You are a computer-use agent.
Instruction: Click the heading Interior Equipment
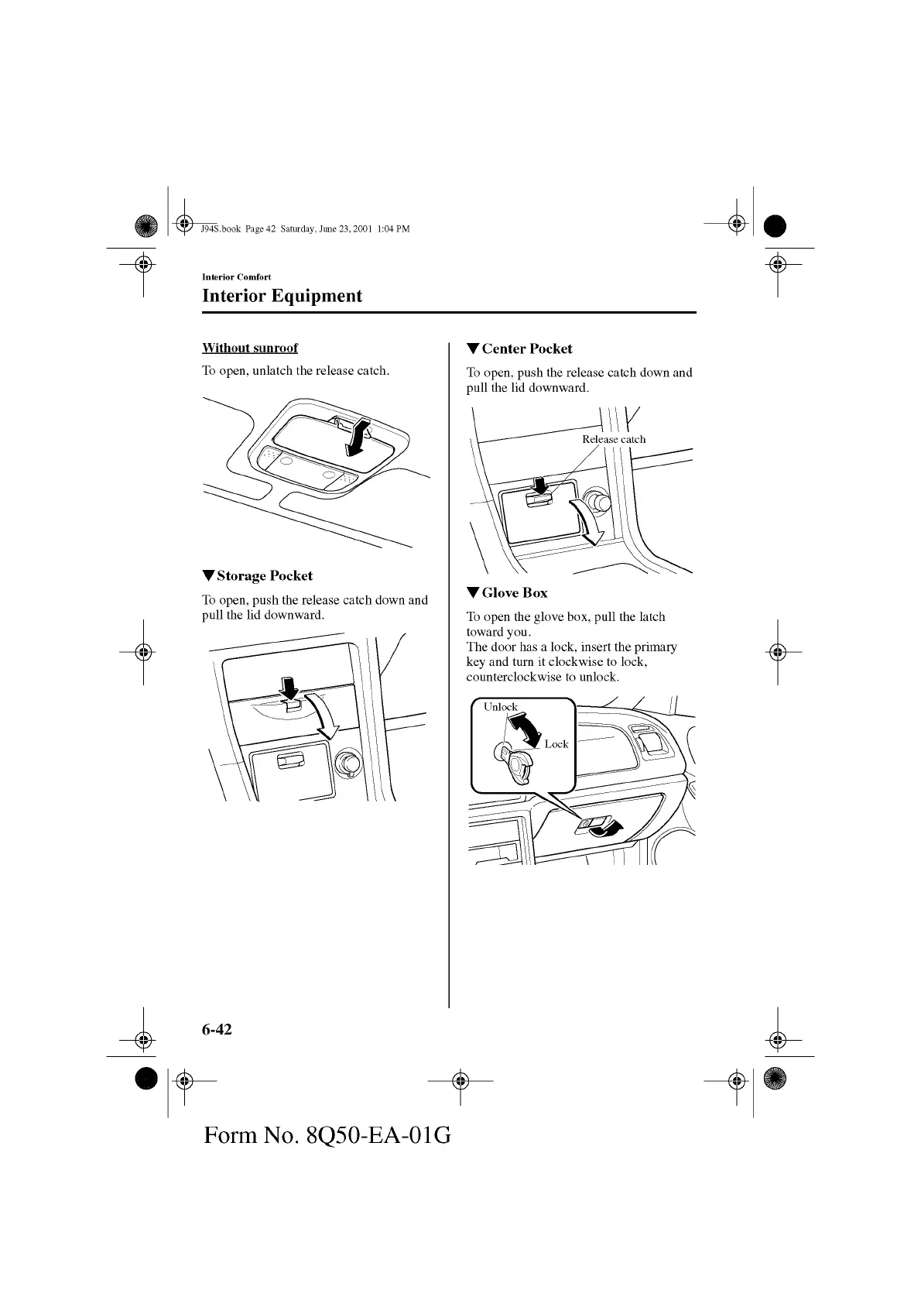[x=282, y=296]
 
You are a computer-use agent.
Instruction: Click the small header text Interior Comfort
[x=236, y=276]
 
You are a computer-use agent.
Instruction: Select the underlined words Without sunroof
[x=249, y=348]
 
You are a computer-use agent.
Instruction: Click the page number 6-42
[x=217, y=1028]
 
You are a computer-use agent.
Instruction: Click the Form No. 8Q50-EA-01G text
[x=327, y=1136]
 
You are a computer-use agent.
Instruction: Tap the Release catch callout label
[x=614, y=439]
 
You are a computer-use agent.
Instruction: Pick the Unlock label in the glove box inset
[x=500, y=706]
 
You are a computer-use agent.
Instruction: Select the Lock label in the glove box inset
[x=556, y=744]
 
